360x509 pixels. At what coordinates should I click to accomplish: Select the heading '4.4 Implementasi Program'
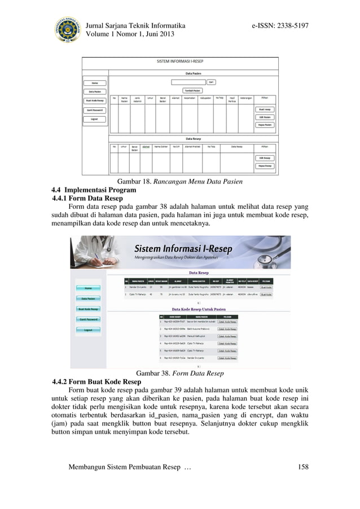[x=94, y=190]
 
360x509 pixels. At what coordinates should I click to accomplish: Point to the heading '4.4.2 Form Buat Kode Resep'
[x=96, y=381]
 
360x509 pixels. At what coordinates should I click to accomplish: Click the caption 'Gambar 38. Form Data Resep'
[x=180, y=373]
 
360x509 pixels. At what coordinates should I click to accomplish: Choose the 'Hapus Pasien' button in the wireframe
[x=265, y=125]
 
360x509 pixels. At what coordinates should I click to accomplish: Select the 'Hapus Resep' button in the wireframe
[x=265, y=166]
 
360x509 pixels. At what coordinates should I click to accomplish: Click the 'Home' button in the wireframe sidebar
[x=94, y=83]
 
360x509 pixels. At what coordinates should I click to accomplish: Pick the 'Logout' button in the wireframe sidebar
[x=94, y=119]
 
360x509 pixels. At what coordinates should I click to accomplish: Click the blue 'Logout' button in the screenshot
[x=88, y=330]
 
